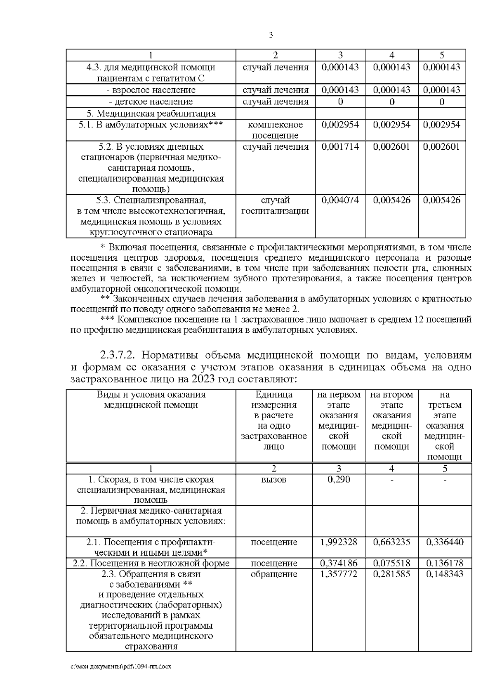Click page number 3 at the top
coord(271,35)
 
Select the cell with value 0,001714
coord(339,147)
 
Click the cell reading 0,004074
coord(339,200)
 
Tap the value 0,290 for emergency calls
coord(339,480)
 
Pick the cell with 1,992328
coord(339,542)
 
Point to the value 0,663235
coord(391,542)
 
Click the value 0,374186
coord(339,563)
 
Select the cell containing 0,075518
coord(391,563)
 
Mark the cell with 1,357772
coord(339,574)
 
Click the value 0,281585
coord(391,574)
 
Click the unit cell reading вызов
coord(274,480)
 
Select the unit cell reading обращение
coord(274,574)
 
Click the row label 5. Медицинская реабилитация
coord(151,113)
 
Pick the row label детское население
coord(151,101)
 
